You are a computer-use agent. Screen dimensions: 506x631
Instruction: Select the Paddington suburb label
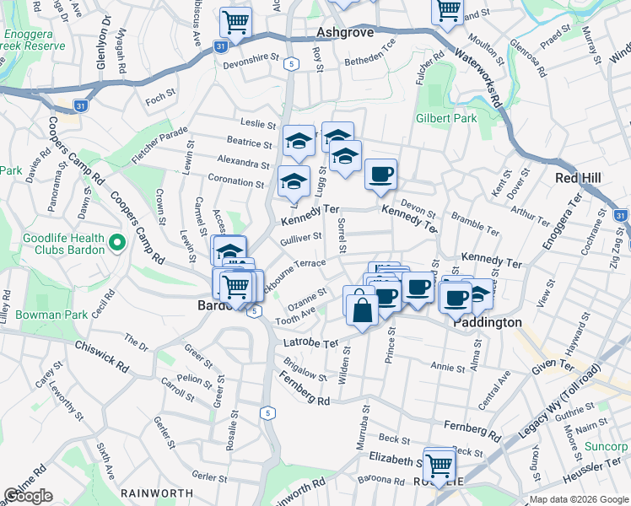click(488, 322)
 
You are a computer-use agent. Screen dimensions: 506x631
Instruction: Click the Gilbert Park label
click(446, 118)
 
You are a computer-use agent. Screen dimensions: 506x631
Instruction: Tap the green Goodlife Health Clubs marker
click(117, 244)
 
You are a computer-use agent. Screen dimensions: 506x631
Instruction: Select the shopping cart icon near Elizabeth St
click(440, 463)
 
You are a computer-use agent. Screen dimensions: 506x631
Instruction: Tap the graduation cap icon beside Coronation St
click(294, 180)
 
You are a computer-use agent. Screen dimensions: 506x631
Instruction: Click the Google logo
click(28, 496)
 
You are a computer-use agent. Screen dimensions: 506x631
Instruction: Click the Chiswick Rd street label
click(101, 357)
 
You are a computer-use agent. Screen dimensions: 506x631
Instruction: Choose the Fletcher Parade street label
click(159, 145)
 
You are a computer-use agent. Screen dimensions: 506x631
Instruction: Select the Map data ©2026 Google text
click(579, 498)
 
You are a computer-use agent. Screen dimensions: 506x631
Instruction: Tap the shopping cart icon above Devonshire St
click(235, 21)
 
